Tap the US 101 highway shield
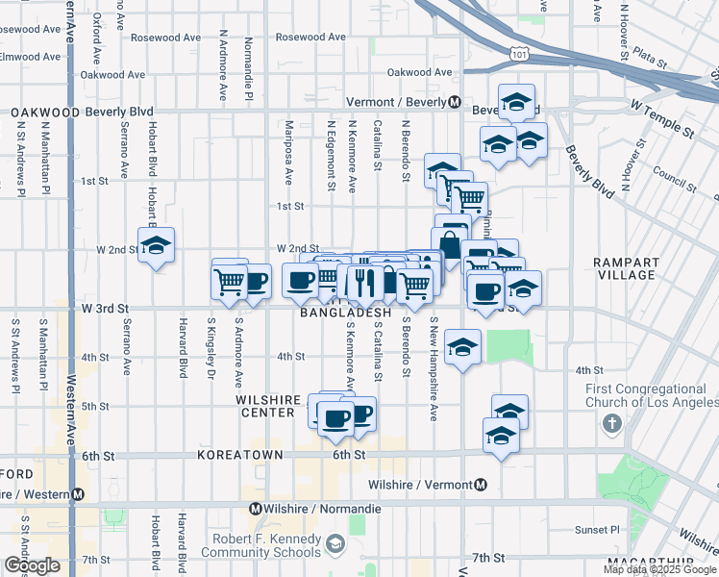coord(520,55)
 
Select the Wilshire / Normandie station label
coord(304,508)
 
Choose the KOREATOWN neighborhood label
coord(240,454)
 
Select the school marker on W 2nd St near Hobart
coord(156,245)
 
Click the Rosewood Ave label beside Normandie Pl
coord(310,38)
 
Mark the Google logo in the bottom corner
coord(30,565)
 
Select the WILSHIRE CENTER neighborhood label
coord(265,405)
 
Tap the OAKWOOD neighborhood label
coord(45,113)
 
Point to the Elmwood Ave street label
coord(30,57)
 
